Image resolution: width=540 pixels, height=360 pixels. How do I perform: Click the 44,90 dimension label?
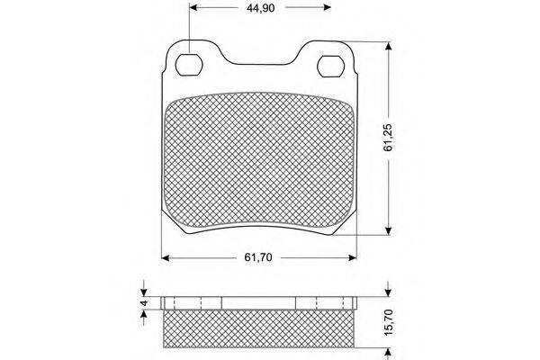[x=260, y=7]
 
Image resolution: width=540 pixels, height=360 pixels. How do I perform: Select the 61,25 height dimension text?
[x=388, y=138]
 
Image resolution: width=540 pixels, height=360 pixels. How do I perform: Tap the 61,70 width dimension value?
[x=258, y=257]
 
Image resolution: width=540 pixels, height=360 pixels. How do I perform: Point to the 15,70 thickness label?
[x=388, y=322]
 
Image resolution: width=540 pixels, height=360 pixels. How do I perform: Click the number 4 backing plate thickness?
[x=144, y=302]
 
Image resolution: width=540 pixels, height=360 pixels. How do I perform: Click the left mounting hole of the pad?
[x=188, y=65]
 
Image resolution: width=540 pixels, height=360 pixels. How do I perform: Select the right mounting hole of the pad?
[x=330, y=66]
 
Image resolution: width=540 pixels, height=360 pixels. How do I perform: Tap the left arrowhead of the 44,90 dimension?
[x=193, y=7]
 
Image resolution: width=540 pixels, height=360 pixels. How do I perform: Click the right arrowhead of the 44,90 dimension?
[x=328, y=7]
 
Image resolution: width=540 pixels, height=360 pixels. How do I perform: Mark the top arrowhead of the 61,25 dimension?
[x=389, y=46]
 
